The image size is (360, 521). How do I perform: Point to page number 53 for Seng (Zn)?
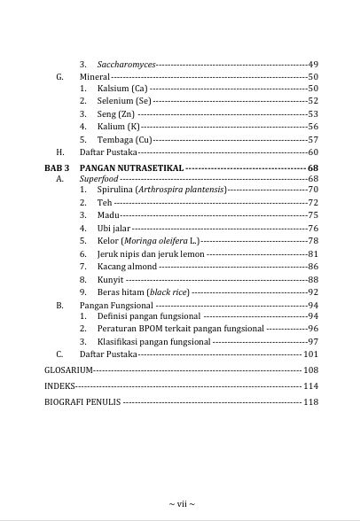click(312, 114)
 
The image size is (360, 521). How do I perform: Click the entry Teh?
click(104, 203)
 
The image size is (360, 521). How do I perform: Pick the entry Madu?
click(108, 215)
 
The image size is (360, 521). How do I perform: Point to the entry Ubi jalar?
click(113, 229)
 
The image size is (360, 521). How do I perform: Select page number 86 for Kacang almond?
click(312, 267)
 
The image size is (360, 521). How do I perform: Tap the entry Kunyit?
click(110, 279)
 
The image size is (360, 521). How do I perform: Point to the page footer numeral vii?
click(180, 504)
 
